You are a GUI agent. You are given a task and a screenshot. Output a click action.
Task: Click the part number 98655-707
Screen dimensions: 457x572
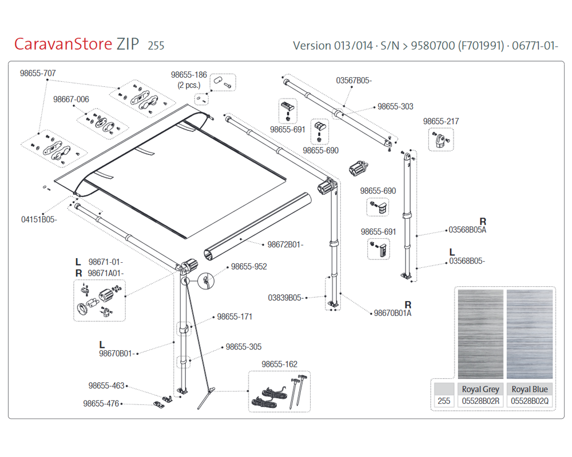coord(38,73)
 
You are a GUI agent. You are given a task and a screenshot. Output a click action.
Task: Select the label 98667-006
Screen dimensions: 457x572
coord(71,99)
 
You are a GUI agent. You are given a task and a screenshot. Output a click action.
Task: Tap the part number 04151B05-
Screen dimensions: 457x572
coord(39,219)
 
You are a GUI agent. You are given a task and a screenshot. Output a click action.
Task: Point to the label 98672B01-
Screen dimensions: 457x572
coord(285,244)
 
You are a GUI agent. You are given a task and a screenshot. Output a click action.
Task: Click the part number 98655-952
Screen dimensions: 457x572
coord(248,266)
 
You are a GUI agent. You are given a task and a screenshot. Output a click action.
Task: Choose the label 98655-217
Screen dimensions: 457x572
coord(440,121)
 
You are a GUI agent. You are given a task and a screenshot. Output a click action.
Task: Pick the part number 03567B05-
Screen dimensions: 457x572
coord(353,81)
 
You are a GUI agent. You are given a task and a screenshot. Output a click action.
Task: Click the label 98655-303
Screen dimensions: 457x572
coord(395,107)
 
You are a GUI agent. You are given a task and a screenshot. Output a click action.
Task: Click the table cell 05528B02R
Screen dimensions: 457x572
coord(480,402)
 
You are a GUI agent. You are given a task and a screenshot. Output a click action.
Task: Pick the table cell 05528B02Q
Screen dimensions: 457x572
coord(530,402)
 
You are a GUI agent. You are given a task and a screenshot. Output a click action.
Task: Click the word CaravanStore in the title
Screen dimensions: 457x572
coord(63,44)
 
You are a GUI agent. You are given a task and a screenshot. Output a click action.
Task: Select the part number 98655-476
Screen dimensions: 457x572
coord(101,403)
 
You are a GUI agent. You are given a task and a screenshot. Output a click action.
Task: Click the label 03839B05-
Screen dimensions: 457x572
coord(285,298)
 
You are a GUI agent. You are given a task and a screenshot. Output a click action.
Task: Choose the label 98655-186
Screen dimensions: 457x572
coord(189,75)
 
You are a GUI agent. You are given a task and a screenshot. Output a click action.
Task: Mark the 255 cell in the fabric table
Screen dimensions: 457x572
coord(444,402)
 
